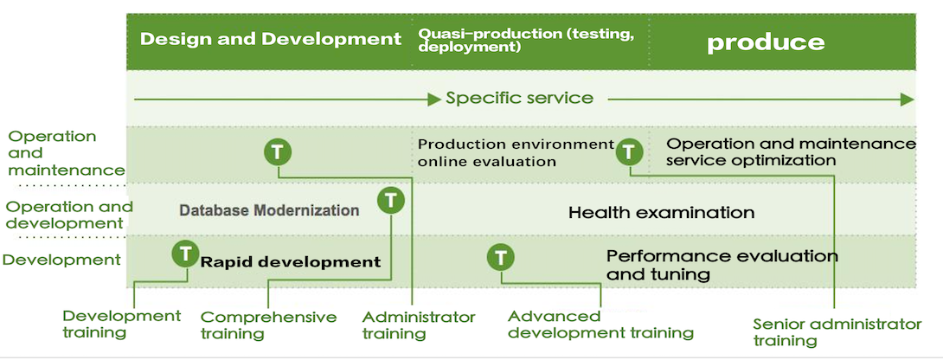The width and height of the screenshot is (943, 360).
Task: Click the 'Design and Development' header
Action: pyautogui.click(x=271, y=40)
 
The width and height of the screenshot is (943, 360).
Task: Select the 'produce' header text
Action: pyautogui.click(x=766, y=42)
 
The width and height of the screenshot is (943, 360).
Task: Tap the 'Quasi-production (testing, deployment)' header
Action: pyautogui.click(x=526, y=40)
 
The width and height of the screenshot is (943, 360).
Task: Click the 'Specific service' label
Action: pyautogui.click(x=520, y=98)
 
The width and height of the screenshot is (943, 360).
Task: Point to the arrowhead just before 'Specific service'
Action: pyautogui.click(x=434, y=100)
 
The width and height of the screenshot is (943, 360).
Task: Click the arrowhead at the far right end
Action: pyautogui.click(x=907, y=100)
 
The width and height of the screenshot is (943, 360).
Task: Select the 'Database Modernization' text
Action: pyautogui.click(x=269, y=210)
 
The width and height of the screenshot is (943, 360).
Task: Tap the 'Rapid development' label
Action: pyautogui.click(x=291, y=262)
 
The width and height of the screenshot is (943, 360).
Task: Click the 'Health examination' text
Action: pyautogui.click(x=662, y=213)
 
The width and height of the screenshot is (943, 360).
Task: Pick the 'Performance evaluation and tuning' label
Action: pyautogui.click(x=722, y=265)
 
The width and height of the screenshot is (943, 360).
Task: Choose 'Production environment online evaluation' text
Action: pyautogui.click(x=516, y=153)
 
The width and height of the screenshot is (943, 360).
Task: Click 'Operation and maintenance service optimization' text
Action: pyautogui.click(x=792, y=151)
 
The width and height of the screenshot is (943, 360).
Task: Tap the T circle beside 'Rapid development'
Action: pyautogui.click(x=185, y=254)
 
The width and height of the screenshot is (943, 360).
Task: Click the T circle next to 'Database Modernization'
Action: pyautogui.click(x=391, y=200)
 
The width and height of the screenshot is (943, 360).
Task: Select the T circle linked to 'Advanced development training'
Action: pyautogui.click(x=501, y=258)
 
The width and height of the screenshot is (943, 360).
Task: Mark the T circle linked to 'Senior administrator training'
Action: pyautogui.click(x=629, y=151)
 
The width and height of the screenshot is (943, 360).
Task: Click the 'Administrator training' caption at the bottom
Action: pyautogui.click(x=419, y=325)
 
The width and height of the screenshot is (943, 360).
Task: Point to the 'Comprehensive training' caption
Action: pyautogui.click(x=268, y=325)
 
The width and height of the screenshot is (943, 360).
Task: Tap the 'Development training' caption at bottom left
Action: pyautogui.click(x=121, y=324)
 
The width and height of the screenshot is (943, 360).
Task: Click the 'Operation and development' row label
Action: pyautogui.click(x=69, y=215)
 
